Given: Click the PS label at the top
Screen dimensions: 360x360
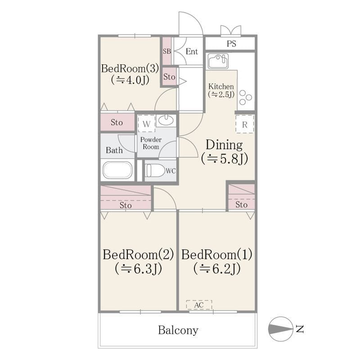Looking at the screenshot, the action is tap(231, 44).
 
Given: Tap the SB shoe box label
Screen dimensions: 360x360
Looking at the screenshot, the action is tap(167, 51).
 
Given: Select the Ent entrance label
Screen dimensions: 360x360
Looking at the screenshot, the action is tap(192, 51).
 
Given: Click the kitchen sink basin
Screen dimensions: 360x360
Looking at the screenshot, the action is tap(218, 61).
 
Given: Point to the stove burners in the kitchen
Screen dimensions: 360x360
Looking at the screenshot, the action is tap(245, 97).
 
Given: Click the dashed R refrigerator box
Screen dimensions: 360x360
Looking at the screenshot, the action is tap(245, 124).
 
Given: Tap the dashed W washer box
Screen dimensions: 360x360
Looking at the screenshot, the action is tap(147, 123).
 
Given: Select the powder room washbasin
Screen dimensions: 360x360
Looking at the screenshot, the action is tap(166, 120).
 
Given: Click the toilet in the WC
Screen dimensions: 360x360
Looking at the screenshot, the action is tap(155, 171).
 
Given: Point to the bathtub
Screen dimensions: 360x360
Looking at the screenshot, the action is tap(117, 171).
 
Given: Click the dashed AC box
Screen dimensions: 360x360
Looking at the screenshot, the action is tap(199, 305).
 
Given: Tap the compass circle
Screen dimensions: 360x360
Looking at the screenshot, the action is tap(280, 329).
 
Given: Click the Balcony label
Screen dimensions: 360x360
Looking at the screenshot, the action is tap(178, 330).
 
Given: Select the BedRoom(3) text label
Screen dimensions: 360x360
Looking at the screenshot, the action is tap(130, 68).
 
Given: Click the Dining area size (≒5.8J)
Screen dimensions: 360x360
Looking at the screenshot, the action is tap(225, 159).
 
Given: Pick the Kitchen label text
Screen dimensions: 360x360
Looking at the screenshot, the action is tap(221, 86).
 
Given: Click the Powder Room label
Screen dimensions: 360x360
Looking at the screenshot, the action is tap(151, 143).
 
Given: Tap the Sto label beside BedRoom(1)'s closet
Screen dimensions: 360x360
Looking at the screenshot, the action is tap(242, 205).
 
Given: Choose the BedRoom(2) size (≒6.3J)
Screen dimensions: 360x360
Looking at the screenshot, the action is tap(139, 268).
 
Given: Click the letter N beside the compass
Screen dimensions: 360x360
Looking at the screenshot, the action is tap(300, 329).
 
